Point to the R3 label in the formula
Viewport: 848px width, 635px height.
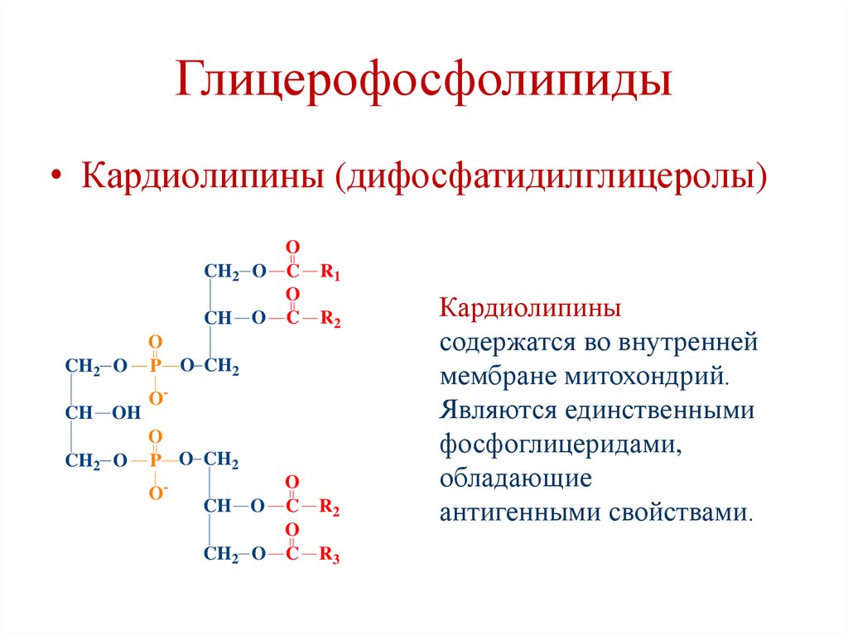tap(330, 556)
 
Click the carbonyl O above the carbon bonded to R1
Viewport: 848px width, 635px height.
tap(291, 248)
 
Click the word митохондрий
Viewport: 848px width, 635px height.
tap(647, 376)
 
